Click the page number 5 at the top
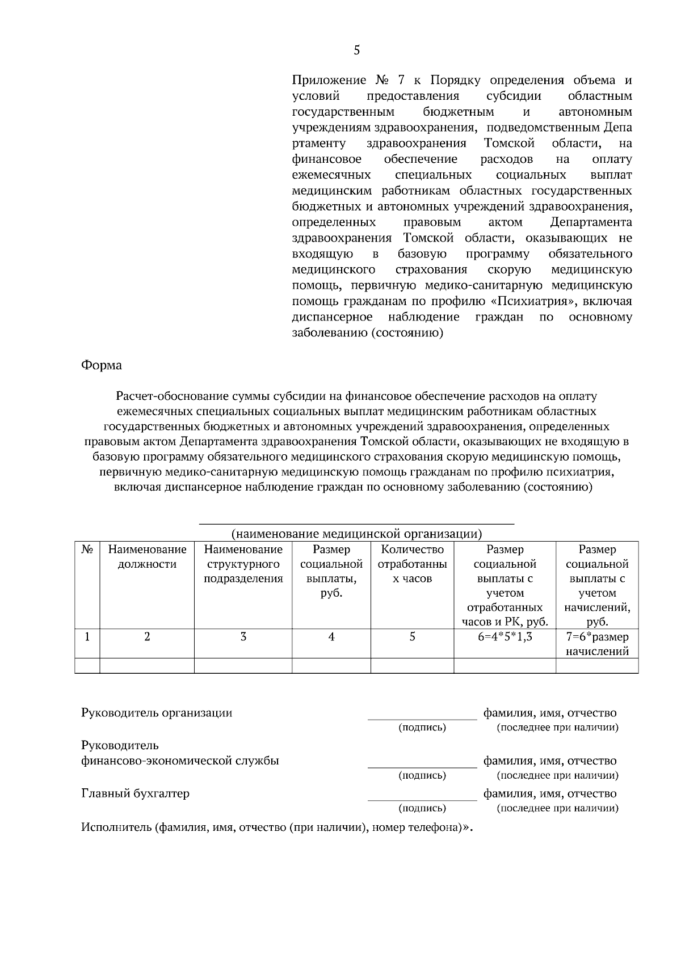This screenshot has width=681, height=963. click(x=356, y=50)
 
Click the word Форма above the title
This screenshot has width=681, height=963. click(x=102, y=365)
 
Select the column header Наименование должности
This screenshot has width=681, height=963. click(x=147, y=556)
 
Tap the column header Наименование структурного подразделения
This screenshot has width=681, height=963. click(x=243, y=564)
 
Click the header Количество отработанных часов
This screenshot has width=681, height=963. click(x=412, y=564)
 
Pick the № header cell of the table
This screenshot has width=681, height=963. click(x=87, y=549)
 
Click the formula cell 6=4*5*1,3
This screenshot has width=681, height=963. click(x=505, y=636)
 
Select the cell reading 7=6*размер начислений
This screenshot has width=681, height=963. click(x=597, y=644)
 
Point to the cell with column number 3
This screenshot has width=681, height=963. click(x=243, y=636)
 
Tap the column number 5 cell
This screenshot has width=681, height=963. click(x=412, y=636)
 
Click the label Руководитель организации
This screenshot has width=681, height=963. click(x=157, y=713)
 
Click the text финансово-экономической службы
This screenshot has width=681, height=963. click(x=180, y=761)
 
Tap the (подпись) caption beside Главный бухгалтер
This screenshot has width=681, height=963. click(x=422, y=808)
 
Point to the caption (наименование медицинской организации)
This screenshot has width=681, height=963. click(x=356, y=534)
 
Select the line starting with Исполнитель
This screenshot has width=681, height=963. click(x=276, y=827)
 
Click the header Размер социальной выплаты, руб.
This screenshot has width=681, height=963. click(x=331, y=571)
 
